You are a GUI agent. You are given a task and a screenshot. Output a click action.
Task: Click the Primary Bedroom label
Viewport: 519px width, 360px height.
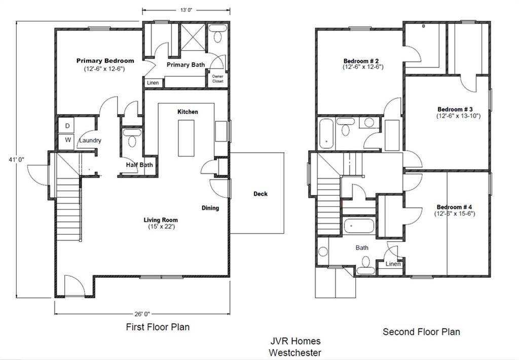point(105,61)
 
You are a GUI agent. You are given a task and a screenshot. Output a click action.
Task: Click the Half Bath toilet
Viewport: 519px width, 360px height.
point(132,138)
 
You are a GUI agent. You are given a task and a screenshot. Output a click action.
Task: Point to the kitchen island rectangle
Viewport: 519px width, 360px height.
point(186,138)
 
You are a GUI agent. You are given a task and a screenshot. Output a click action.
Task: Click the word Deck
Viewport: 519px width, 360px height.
point(261,194)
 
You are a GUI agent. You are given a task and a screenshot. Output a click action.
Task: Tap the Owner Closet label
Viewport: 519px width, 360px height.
point(218,79)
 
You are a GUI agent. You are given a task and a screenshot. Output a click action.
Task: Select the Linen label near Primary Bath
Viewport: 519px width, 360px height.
point(153,83)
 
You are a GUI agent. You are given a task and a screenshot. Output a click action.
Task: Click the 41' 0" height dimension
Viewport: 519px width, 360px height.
point(16,159)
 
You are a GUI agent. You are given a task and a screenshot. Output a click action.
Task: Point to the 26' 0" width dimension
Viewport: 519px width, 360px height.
point(142,314)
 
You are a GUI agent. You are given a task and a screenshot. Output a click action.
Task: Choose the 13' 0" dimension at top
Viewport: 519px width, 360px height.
point(186,10)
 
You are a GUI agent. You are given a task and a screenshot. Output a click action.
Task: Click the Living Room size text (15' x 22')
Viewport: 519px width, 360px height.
point(161,227)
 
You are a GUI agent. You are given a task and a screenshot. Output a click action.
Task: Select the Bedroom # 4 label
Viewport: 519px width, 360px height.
point(455,207)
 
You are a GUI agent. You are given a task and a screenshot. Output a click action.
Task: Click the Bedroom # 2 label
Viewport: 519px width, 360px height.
point(361,61)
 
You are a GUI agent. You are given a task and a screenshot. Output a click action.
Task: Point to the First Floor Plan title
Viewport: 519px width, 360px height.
point(158,327)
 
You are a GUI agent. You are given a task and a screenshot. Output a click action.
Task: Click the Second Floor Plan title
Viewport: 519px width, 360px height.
point(421,332)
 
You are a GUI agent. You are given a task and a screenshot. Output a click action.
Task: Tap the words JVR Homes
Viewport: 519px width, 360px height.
point(295,341)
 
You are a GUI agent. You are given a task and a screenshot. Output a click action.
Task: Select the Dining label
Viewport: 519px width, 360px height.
point(210,208)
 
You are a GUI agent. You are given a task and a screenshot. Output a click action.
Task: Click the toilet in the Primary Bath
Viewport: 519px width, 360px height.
point(217,34)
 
